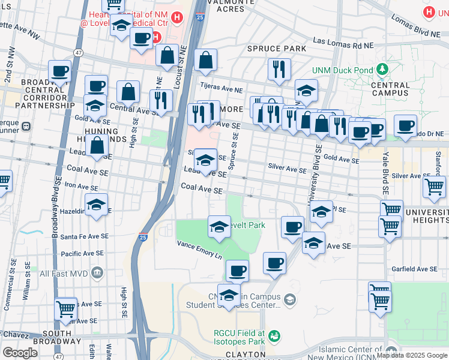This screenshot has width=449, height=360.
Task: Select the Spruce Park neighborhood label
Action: click(276, 48)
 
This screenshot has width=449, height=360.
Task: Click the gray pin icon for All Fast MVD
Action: click(97, 274)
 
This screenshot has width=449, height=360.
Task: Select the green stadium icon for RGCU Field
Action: click(274, 336)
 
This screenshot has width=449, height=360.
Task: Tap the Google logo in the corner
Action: click(20, 353)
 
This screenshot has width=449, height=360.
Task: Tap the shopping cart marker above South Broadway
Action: click(66, 309)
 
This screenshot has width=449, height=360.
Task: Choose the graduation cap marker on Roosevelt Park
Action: click(219, 227)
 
